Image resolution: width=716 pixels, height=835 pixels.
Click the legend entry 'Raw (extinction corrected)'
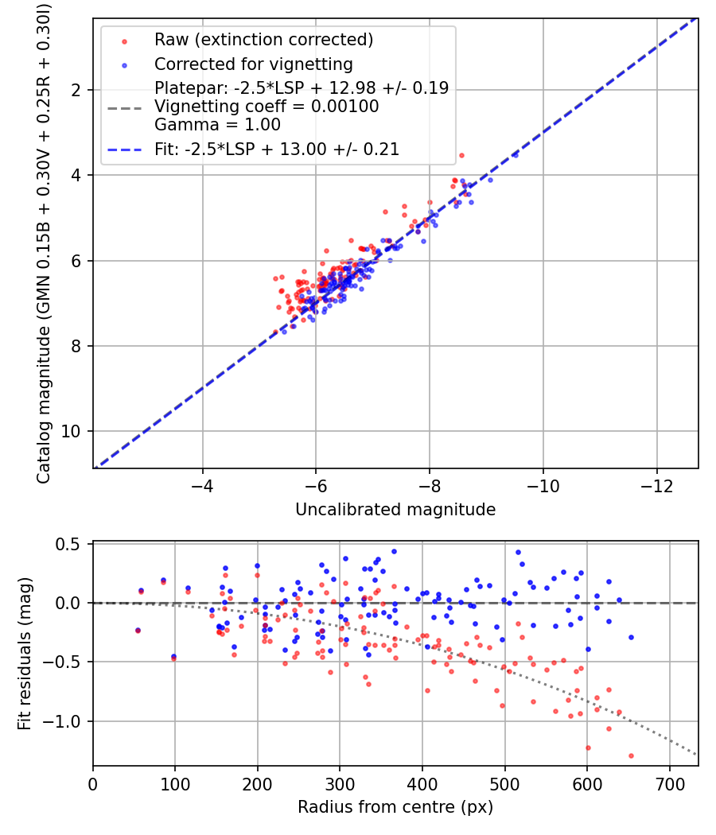point(263,40)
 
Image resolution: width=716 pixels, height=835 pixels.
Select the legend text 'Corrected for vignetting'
point(254,64)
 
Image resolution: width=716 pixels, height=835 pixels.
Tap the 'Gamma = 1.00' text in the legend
point(217,125)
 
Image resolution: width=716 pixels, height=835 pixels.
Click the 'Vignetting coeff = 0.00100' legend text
point(267,107)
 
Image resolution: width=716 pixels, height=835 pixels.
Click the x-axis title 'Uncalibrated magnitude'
point(395,510)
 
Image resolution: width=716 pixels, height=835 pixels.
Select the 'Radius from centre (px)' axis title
point(395,807)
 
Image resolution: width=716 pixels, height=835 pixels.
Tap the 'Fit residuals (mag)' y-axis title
point(25,654)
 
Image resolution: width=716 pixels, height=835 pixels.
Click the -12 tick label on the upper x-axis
point(656,486)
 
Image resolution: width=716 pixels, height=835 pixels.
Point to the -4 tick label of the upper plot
point(202,486)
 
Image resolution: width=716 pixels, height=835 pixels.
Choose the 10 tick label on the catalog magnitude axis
point(71,431)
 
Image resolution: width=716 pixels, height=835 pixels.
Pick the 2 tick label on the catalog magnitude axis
point(76,91)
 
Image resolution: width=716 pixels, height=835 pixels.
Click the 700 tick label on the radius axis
point(669,784)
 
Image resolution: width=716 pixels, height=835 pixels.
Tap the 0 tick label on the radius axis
point(93,784)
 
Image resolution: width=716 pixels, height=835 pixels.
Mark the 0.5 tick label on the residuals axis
point(68,544)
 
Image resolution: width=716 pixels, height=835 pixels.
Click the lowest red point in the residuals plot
point(632,755)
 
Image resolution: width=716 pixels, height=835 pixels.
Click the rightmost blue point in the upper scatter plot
point(516,155)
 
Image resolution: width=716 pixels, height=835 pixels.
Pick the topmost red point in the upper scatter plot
point(461,156)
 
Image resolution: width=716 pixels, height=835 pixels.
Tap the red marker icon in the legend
point(125,41)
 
